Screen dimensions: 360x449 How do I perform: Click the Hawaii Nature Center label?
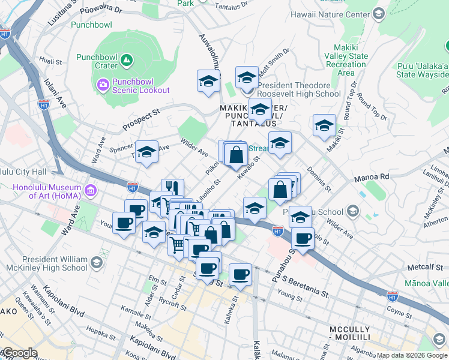pos(329,13)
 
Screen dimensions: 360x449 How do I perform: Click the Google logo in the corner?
pos(19,353)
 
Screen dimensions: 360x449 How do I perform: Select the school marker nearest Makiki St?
pos(324,126)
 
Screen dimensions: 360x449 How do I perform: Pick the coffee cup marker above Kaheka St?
pos(240,274)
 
